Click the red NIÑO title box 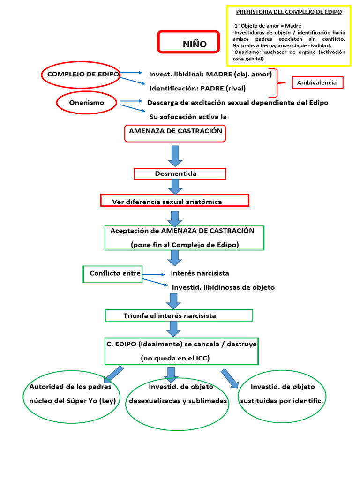[x=188, y=42]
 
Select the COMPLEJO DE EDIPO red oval [x=81, y=75]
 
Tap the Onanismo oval [x=87, y=103]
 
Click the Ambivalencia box [x=317, y=83]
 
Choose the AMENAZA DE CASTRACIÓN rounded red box [x=175, y=133]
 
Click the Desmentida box [x=180, y=174]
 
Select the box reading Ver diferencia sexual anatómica [x=174, y=201]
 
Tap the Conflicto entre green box [x=112, y=274]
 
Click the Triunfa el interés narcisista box [x=179, y=315]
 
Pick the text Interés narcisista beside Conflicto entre [x=200, y=273]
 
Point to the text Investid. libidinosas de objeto [x=223, y=287]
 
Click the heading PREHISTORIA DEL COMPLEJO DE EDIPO [x=288, y=11]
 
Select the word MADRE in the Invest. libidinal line [x=220, y=74]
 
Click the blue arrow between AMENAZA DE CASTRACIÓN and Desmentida [x=175, y=155]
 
